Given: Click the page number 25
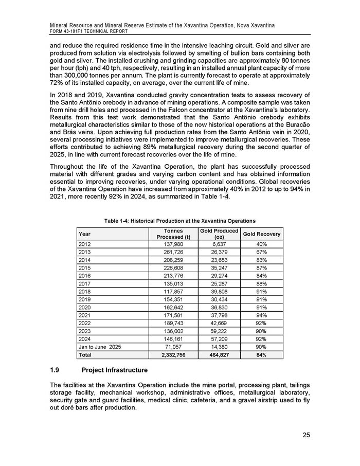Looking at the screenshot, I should point(306,436).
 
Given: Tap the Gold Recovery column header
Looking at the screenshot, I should point(262,234).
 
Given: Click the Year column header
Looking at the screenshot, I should point(84,234).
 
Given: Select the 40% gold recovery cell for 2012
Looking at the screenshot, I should point(261,244).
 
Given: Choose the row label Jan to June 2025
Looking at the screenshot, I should point(99,347).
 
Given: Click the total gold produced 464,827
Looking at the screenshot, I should point(218,355).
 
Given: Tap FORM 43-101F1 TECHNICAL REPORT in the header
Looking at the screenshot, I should point(91,31).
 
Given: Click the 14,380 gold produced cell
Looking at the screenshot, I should point(219,347).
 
